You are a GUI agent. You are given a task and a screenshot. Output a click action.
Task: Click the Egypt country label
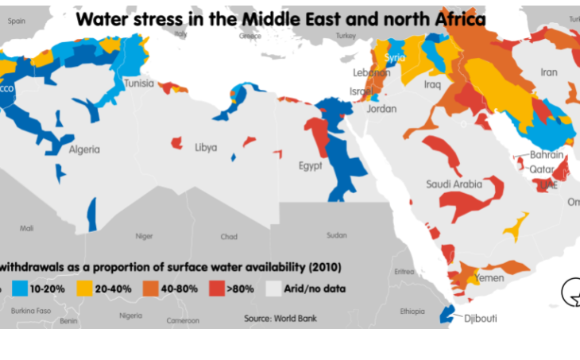(x=310, y=165)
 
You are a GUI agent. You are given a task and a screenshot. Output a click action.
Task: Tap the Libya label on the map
(x=206, y=147)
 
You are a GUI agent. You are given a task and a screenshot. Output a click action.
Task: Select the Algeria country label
(x=84, y=149)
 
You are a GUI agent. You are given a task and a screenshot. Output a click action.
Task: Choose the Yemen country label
(x=489, y=278)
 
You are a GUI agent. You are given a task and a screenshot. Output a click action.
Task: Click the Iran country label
(x=549, y=72)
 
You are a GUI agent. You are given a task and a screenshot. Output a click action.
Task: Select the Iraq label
(x=432, y=83)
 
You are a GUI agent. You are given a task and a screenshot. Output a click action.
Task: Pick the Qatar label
(x=542, y=169)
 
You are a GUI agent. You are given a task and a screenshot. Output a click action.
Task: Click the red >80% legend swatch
(x=216, y=288)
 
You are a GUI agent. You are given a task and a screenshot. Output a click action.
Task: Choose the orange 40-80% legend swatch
(x=150, y=288)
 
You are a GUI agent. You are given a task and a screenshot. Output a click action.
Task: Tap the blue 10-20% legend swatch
(x=21, y=288)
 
